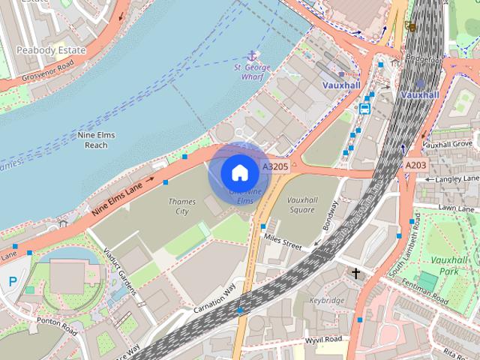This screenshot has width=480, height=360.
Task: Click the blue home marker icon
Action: coord(239,173)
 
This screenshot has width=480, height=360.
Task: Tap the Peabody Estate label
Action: coord(50,50)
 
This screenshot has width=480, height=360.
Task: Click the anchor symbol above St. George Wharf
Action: coord(251,55)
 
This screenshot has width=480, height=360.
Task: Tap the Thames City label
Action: coord(182,206)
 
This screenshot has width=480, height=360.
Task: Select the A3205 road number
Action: coord(275,166)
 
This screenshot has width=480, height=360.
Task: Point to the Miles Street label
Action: coord(282,241)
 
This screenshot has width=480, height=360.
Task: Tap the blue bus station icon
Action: coord(365,108)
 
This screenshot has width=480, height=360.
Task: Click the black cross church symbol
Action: coord(356,273)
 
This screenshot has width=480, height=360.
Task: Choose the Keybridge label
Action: coord(327,300)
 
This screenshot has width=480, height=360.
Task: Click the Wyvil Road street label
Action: coord(324,339)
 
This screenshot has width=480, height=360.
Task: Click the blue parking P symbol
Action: coord(12,280)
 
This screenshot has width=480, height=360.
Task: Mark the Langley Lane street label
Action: coord(451,179)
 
